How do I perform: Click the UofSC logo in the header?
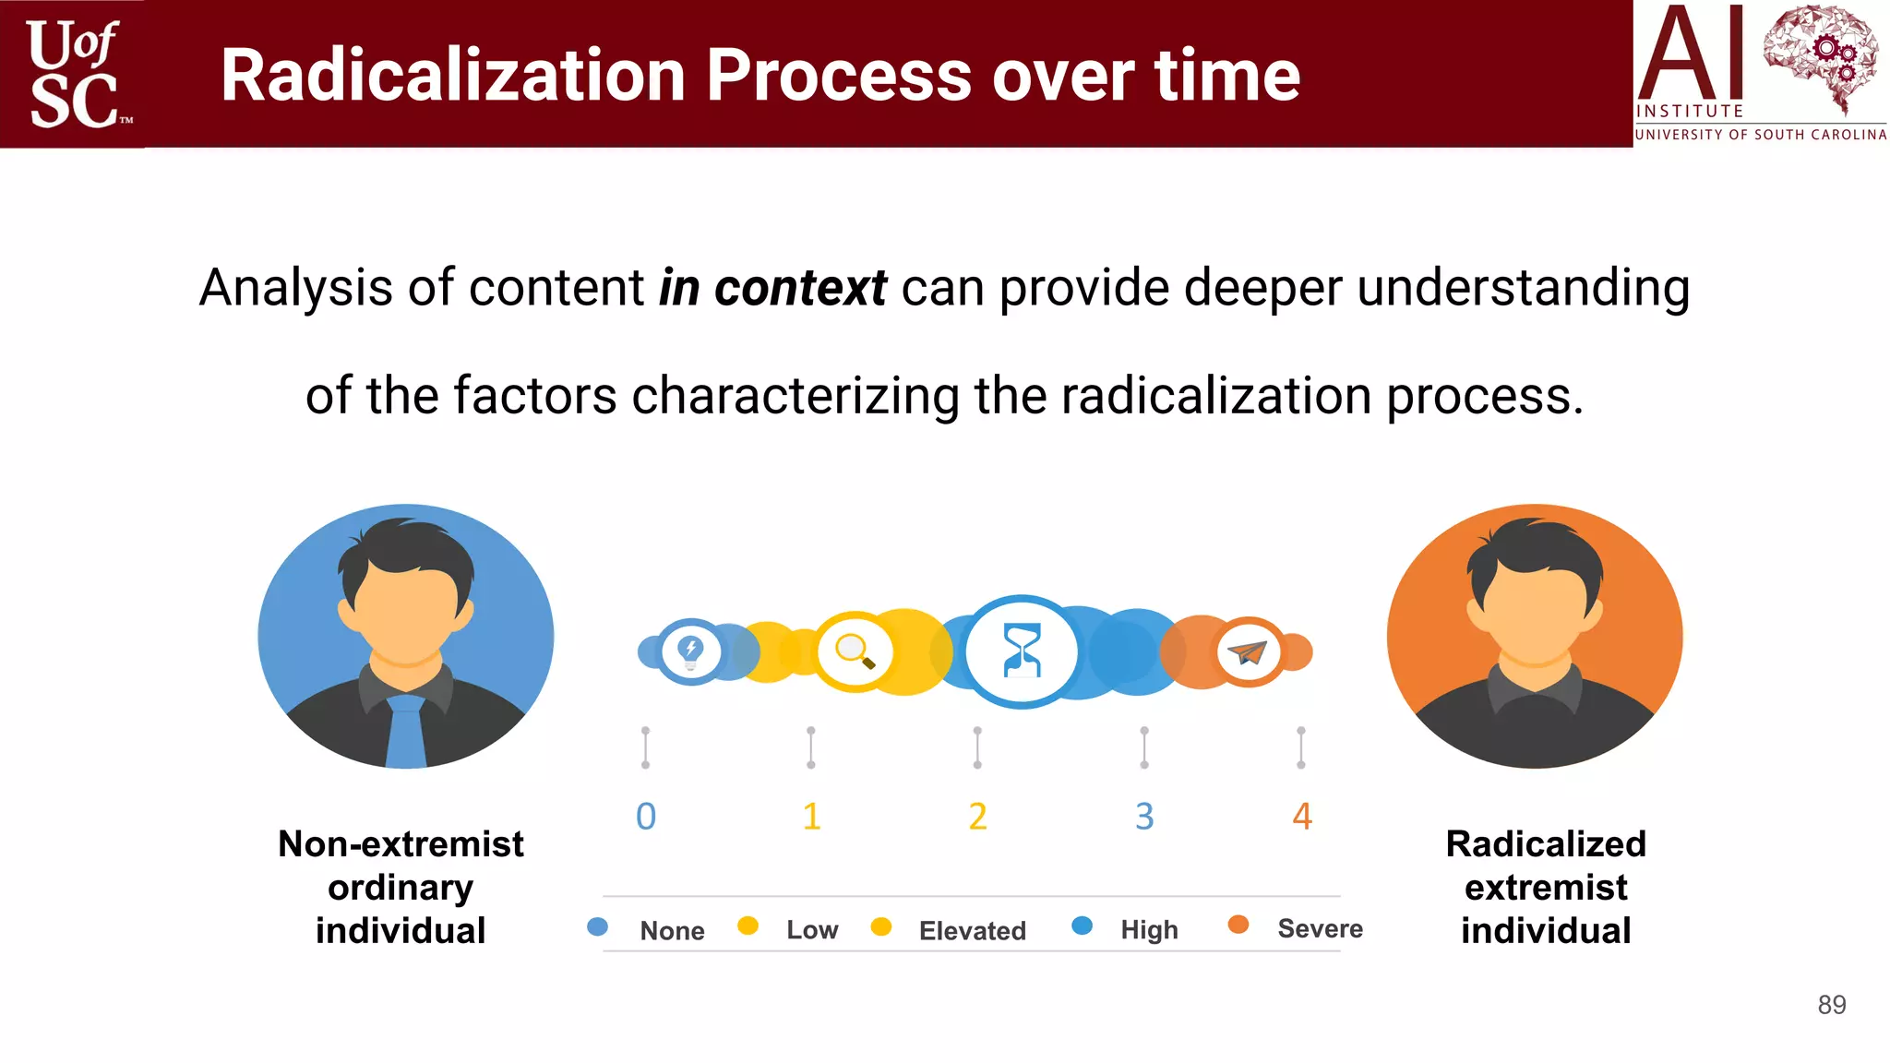click(x=74, y=74)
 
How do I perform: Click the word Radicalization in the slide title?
click(x=452, y=76)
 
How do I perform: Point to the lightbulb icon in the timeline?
click(x=690, y=651)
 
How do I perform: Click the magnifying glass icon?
click(x=855, y=651)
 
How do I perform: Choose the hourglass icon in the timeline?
click(x=1022, y=651)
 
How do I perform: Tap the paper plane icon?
click(x=1249, y=652)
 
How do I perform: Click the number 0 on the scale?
click(x=646, y=816)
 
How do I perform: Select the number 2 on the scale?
click(x=978, y=816)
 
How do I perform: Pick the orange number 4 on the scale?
click(x=1302, y=816)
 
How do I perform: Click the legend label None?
click(x=672, y=930)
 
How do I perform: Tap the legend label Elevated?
click(x=972, y=930)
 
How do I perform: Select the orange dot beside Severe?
click(x=1238, y=925)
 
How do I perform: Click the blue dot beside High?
click(x=1083, y=926)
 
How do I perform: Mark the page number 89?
click(x=1832, y=1005)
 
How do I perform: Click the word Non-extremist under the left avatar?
click(x=401, y=843)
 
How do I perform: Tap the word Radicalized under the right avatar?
click(x=1546, y=843)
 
